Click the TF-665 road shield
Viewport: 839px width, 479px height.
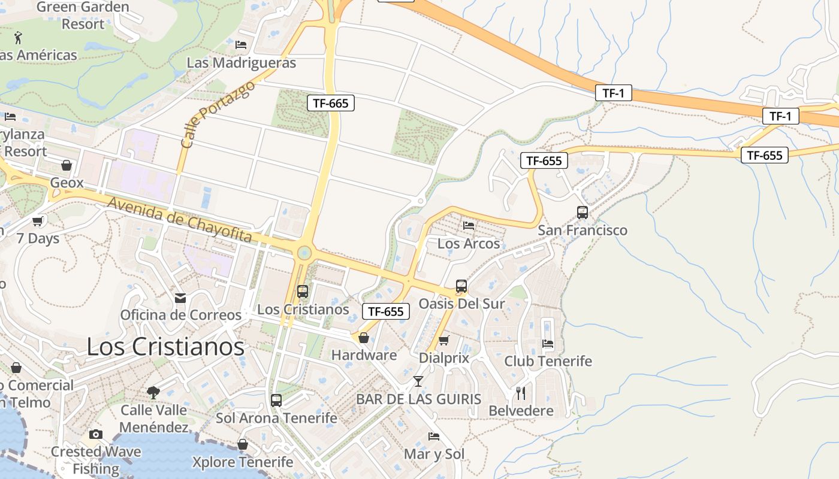coord(331,103)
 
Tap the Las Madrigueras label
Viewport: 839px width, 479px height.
coord(242,63)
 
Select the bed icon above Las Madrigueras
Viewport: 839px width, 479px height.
coord(241,44)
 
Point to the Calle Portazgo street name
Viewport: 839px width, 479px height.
coord(217,114)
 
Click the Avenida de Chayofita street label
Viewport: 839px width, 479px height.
coord(179,220)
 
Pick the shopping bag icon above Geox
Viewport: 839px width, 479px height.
coord(67,165)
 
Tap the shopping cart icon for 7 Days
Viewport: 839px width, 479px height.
coord(38,221)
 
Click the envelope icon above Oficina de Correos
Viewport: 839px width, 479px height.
coord(180,298)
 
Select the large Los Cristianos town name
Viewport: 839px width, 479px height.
coord(165,347)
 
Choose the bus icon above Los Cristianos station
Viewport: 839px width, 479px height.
coord(303,292)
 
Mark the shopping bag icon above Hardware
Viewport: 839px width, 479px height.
coord(364,338)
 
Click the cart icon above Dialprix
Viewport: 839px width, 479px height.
coord(443,341)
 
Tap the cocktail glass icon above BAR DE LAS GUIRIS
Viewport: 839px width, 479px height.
coord(418,381)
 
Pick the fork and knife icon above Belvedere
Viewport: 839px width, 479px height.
coord(521,393)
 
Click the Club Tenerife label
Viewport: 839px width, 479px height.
coord(548,361)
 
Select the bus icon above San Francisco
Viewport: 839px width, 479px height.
coord(582,212)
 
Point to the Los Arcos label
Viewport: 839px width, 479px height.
coord(469,244)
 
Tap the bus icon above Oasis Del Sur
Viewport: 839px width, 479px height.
coord(461,286)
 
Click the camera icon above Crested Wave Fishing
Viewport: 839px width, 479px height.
coord(96,434)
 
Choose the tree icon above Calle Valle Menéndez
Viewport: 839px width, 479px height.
coord(153,392)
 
